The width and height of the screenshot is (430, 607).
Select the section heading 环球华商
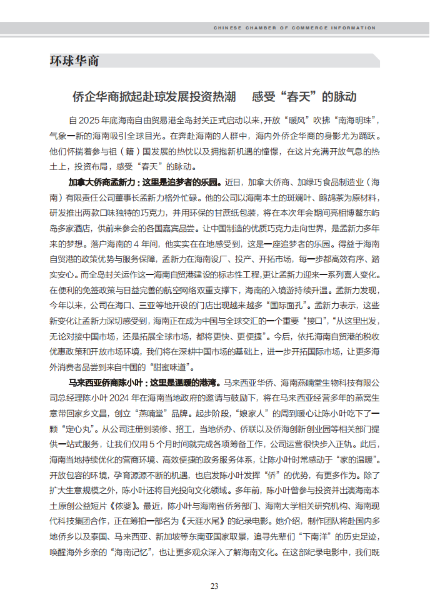click(x=74, y=61)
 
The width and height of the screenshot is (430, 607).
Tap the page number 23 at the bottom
click(x=214, y=586)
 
